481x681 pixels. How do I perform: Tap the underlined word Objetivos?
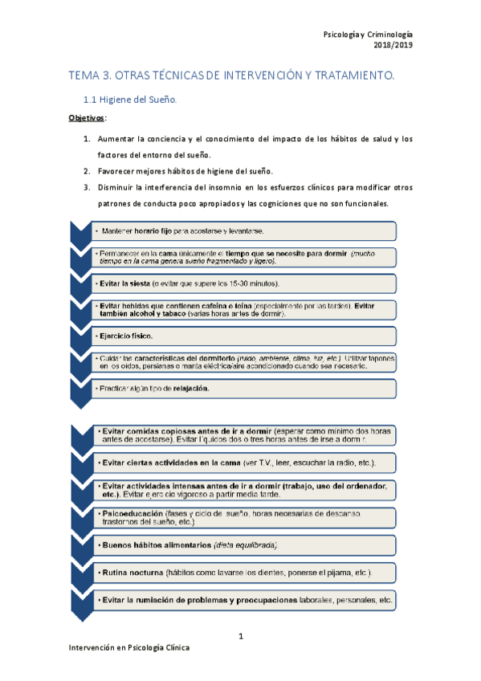84,119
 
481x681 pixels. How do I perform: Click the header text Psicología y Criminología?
367,35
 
